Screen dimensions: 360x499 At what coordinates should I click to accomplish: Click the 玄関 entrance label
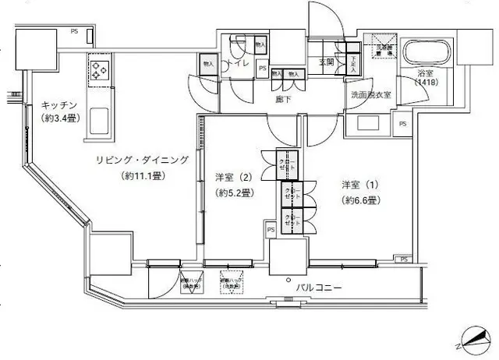click(x=326, y=62)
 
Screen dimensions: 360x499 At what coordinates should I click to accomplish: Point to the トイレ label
click(x=239, y=65)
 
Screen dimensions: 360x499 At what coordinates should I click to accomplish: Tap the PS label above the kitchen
click(x=74, y=31)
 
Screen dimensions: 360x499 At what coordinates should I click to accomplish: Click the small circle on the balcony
click(x=288, y=278)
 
